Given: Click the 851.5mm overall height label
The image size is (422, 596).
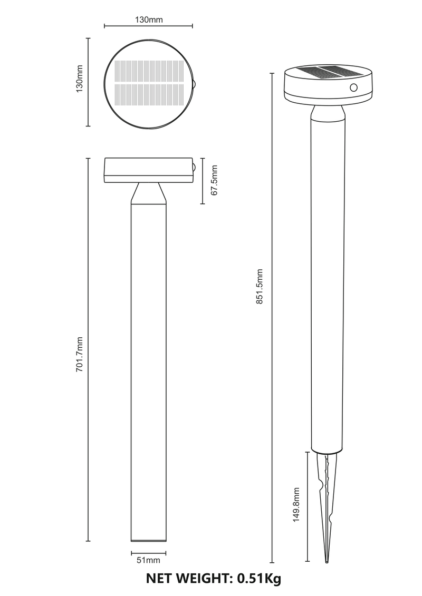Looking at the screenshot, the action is pyautogui.click(x=260, y=286).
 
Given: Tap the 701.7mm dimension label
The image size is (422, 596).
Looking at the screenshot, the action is pyautogui.click(x=80, y=354).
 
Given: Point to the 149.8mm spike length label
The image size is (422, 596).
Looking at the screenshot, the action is pyautogui.click(x=296, y=505).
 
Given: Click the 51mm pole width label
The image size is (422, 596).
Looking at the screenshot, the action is pyautogui.click(x=148, y=560).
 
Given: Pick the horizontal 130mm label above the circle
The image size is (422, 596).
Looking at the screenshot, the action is pyautogui.click(x=149, y=20).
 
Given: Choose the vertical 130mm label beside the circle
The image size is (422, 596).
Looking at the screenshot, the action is pyautogui.click(x=80, y=79).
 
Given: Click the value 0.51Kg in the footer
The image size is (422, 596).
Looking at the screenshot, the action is pyautogui.click(x=259, y=578).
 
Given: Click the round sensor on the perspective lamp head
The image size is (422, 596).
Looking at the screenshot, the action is pyautogui.click(x=353, y=88).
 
